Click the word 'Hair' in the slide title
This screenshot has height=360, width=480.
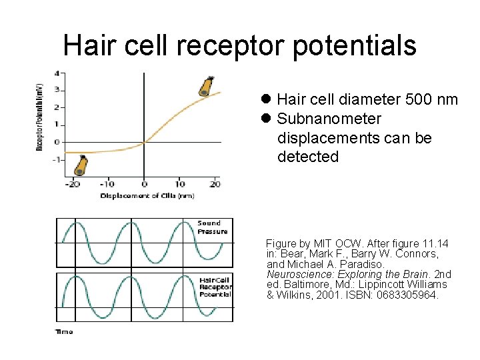(x=89, y=45)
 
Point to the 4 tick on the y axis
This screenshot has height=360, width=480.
(x=57, y=73)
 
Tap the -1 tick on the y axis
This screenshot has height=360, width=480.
(x=57, y=159)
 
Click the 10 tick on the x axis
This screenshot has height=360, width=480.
(x=179, y=184)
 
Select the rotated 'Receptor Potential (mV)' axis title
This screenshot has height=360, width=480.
(x=39, y=116)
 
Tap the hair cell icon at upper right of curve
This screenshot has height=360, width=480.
(x=207, y=86)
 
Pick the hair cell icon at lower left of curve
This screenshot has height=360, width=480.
(x=81, y=165)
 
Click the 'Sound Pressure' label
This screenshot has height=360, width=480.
(x=212, y=227)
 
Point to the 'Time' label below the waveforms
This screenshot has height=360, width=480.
(x=64, y=331)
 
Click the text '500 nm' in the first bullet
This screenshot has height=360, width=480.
(x=431, y=100)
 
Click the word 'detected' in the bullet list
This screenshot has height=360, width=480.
(x=308, y=157)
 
